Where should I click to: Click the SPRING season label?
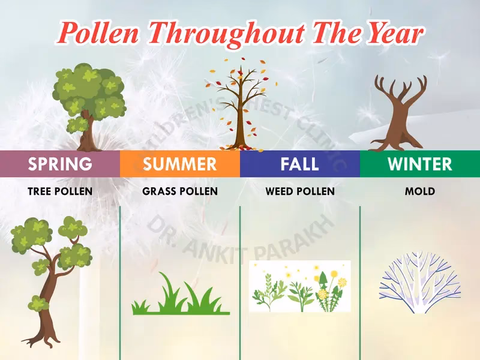coord(60,164)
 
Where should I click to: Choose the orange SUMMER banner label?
coord(180,164)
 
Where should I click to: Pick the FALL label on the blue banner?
coord(300,164)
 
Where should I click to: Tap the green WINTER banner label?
coord(420,164)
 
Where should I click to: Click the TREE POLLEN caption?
coord(60,192)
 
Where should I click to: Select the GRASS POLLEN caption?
coord(180,192)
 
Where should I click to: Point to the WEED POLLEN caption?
coord(300,192)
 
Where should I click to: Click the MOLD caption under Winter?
coord(420,192)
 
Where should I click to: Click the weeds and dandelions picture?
coord(299,286)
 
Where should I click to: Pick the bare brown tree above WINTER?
coord(399,114)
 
